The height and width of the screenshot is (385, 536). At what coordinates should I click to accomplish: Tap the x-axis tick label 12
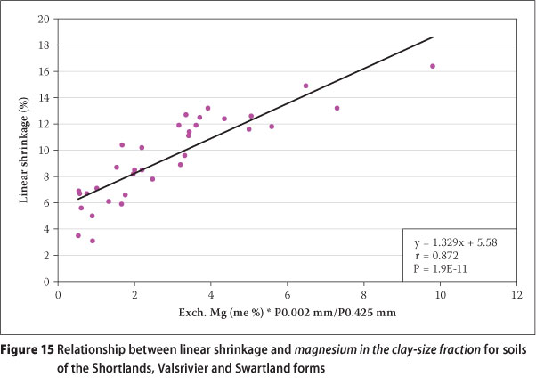coord(516,291)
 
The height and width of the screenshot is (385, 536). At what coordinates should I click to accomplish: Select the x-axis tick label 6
coord(288,291)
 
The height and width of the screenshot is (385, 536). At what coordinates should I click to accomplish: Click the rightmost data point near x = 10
coord(433,66)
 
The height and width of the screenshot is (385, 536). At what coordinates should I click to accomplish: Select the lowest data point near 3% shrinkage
coord(93,241)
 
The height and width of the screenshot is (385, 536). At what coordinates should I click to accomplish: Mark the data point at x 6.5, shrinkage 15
coord(306,86)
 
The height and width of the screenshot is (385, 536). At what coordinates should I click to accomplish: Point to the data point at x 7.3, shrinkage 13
coord(337,108)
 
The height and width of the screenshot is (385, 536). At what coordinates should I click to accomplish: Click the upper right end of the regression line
coord(433,37)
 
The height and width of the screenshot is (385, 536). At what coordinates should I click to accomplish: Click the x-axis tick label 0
coord(59,291)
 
